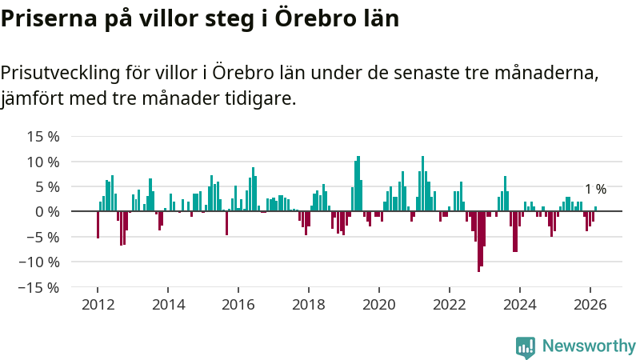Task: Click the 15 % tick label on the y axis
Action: (43, 137)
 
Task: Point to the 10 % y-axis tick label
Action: (43, 162)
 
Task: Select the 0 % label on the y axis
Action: (47, 212)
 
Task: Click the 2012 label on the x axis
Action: (98, 305)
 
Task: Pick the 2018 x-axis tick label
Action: (309, 305)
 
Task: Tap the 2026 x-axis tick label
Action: (590, 305)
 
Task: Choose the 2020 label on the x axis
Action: (379, 305)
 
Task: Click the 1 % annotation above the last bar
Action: (595, 190)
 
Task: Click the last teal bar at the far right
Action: (595, 209)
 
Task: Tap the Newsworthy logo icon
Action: (526, 346)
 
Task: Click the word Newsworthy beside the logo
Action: (589, 346)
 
